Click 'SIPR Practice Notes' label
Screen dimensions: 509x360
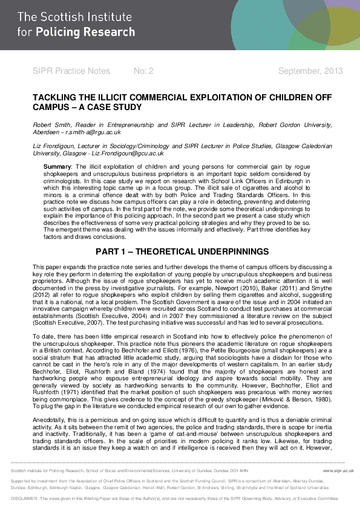[71, 71]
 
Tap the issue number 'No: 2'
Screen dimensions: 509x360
[143, 71]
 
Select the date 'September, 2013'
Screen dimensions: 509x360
[310, 71]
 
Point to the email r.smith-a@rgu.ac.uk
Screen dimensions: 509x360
[96, 132]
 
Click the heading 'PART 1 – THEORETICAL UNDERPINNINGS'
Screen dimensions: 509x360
[180, 251]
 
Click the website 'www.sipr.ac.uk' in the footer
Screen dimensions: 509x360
[338, 470]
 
